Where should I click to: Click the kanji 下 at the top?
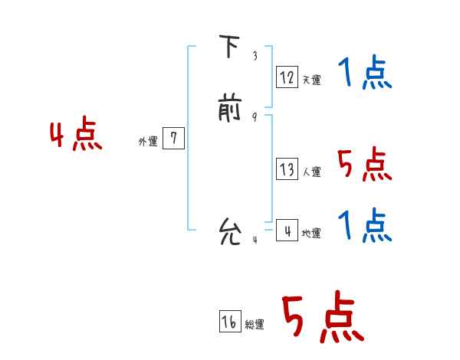tap(229, 48)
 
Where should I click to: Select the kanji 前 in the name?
tap(229, 108)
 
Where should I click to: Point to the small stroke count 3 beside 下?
tap(255, 56)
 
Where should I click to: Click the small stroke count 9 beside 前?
tap(255, 117)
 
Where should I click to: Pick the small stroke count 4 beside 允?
tap(255, 240)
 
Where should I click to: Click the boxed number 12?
tap(287, 77)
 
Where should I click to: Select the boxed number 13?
tap(287, 169)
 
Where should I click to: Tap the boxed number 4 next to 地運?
tap(287, 230)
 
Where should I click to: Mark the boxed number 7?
tap(174, 139)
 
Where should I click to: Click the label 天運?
tap(311, 80)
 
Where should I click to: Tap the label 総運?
tap(255, 325)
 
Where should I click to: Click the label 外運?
tap(148, 142)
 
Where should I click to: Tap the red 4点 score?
tap(76, 136)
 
